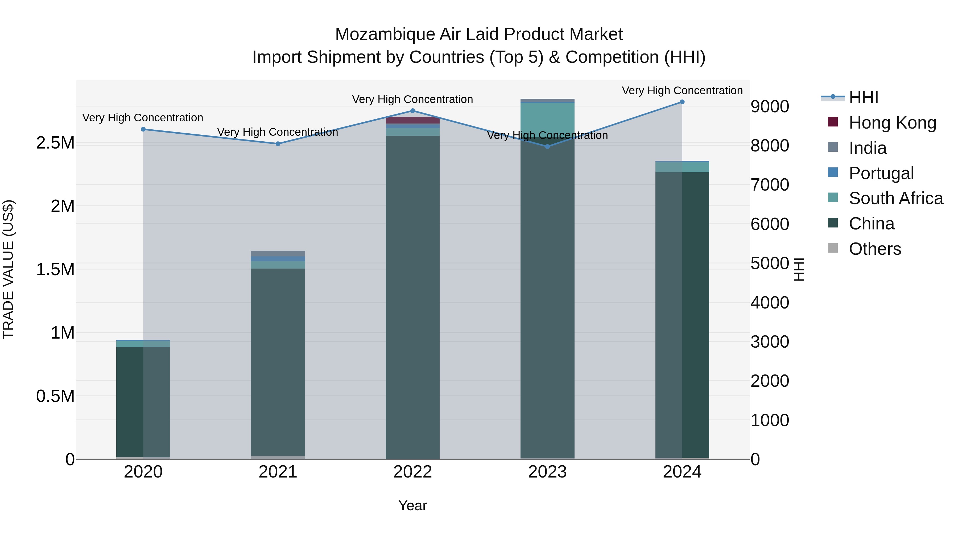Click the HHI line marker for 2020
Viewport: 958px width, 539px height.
143,129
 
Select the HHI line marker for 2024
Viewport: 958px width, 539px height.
682,102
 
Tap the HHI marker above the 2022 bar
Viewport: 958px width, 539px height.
412,110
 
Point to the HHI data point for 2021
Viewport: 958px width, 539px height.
278,143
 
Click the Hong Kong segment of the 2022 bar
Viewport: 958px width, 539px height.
412,120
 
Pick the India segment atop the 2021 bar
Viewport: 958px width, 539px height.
278,253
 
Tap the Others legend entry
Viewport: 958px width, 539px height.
875,249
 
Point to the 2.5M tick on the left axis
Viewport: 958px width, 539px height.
55,143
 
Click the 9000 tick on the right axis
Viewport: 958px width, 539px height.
769,106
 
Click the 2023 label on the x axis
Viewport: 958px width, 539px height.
547,472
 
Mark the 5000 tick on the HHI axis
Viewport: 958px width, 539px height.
769,263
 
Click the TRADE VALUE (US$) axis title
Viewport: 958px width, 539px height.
8,269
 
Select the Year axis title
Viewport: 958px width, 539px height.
412,505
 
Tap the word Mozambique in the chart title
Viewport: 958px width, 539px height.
385,34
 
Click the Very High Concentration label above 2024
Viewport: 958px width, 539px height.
682,90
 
